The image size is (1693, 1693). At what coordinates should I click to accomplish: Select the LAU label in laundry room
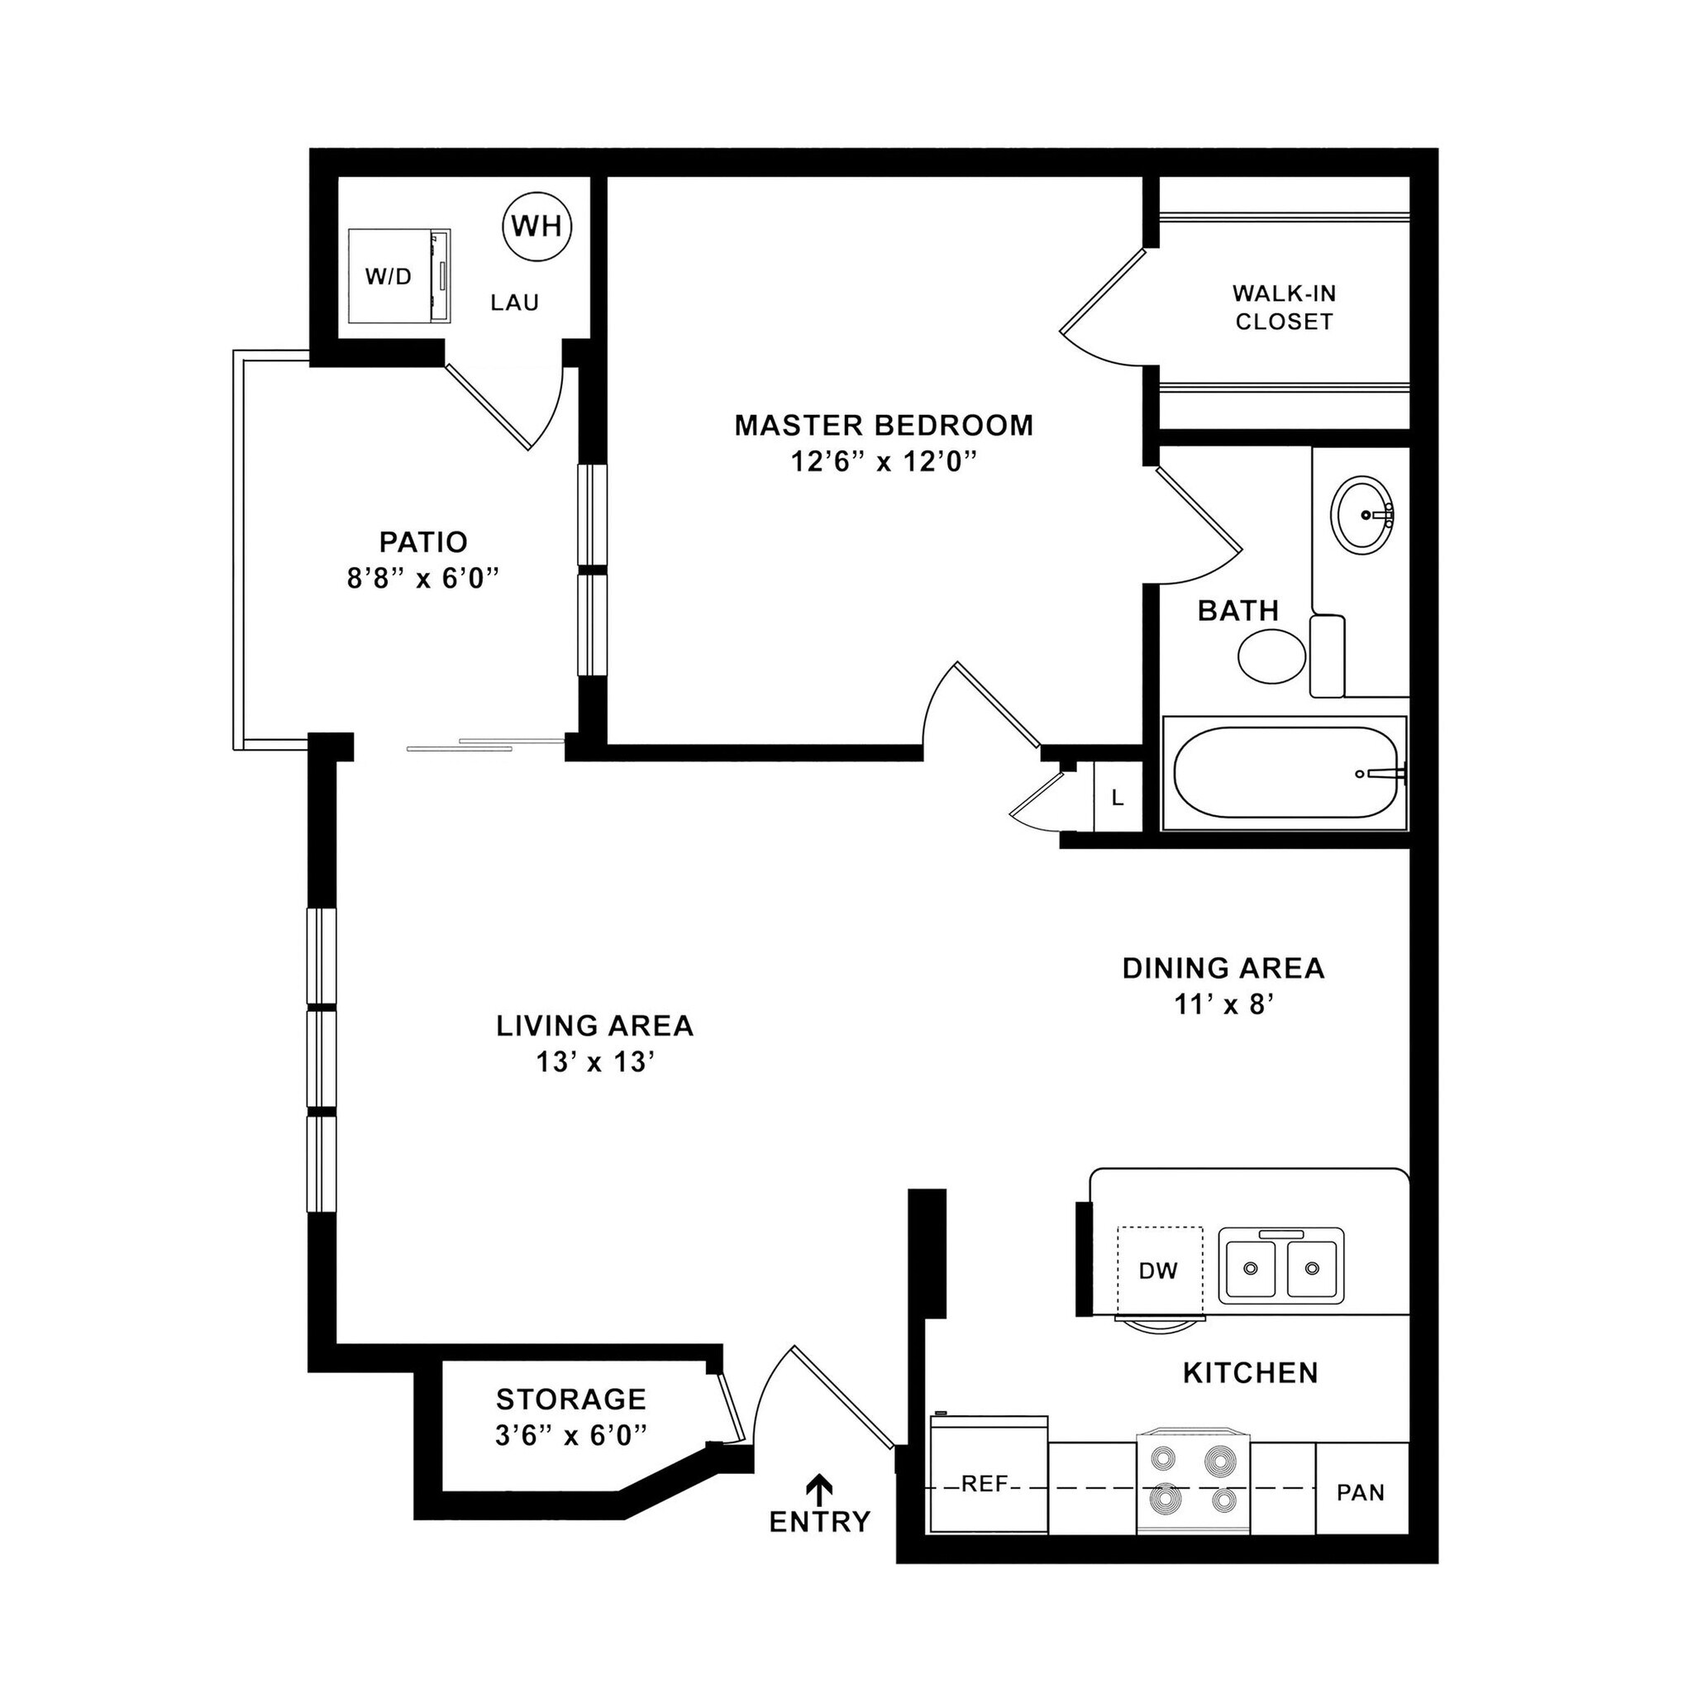[x=514, y=303]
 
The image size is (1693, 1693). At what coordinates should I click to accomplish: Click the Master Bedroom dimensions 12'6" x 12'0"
[x=884, y=462]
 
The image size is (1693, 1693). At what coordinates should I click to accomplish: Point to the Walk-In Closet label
[x=1284, y=308]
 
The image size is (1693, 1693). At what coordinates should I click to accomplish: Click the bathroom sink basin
[x=1362, y=515]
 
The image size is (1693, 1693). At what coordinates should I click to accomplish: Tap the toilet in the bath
[x=1272, y=656]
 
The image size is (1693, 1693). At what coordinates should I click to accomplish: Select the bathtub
[x=1284, y=773]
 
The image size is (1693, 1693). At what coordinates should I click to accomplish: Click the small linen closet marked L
[x=1118, y=798]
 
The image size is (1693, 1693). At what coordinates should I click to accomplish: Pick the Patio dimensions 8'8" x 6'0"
[x=423, y=579]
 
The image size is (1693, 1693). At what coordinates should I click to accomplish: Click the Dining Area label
[x=1223, y=968]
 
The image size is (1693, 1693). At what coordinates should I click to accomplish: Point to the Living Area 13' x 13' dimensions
[x=596, y=1062]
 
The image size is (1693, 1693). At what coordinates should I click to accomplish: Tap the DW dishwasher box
[x=1158, y=1271]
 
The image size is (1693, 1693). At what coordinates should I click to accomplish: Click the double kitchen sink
[x=1280, y=1266]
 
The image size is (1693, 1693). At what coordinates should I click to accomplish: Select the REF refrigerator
[x=988, y=1484]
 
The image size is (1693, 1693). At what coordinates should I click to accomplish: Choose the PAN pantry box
[x=1361, y=1491]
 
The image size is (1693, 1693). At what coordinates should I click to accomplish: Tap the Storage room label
[x=570, y=1399]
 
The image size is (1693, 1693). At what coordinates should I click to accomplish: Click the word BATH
[x=1238, y=611]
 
